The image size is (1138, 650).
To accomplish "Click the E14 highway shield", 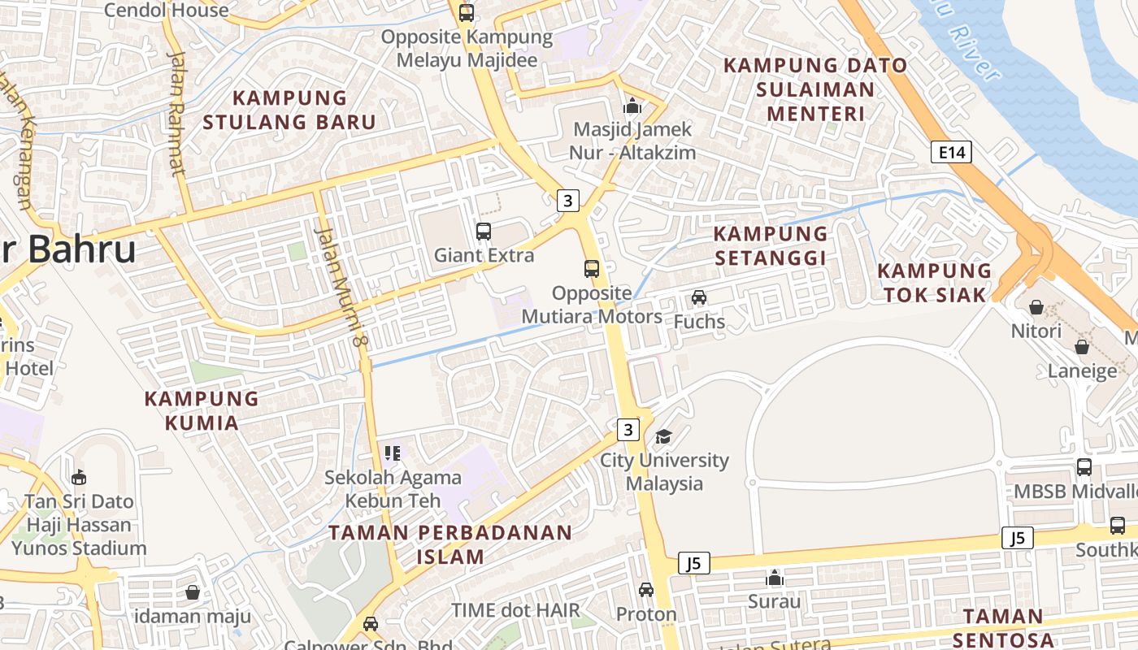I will click(x=951, y=152).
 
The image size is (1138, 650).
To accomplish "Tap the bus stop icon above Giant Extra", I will click(x=484, y=231).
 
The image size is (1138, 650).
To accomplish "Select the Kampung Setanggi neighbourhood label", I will click(x=770, y=245).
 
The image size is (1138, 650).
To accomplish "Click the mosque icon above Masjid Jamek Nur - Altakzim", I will click(x=632, y=106).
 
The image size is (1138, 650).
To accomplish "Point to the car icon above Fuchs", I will click(x=699, y=297).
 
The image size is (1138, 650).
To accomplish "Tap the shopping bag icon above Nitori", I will click(x=1036, y=307).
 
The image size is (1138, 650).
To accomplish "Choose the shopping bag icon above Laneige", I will click(x=1082, y=347).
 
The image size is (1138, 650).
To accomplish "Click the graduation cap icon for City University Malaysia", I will click(x=664, y=436).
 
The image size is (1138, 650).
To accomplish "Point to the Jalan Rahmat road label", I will click(x=176, y=114).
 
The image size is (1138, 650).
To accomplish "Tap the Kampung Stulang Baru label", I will click(x=289, y=110).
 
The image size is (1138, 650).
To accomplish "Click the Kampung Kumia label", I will click(x=202, y=410).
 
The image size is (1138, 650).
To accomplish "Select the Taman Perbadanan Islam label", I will click(x=450, y=544).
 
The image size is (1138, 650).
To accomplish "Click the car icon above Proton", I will click(x=646, y=589).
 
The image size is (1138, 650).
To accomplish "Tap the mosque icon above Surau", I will click(x=775, y=578).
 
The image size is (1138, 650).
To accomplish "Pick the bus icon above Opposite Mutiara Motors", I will click(x=592, y=268).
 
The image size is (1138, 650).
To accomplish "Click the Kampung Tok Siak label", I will click(x=935, y=282).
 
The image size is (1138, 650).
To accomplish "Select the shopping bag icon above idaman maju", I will click(x=193, y=592).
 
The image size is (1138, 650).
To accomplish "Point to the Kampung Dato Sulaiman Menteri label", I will click(x=814, y=89).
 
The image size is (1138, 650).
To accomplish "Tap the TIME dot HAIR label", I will click(x=516, y=610).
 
